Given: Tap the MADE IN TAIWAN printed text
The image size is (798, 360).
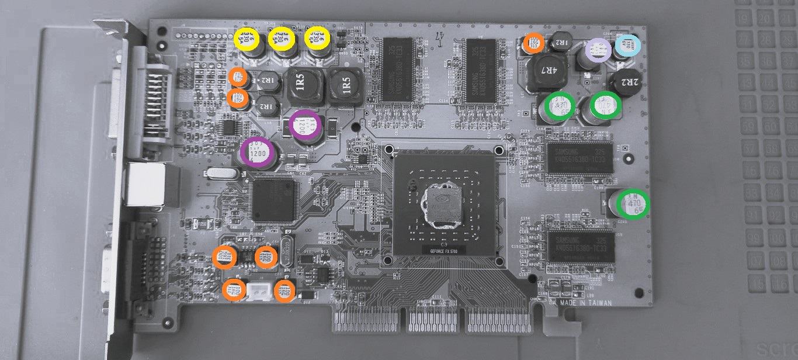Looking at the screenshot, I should pyautogui.click(x=586, y=303).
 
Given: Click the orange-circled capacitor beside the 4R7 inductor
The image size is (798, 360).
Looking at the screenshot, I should pyautogui.click(x=533, y=41).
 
